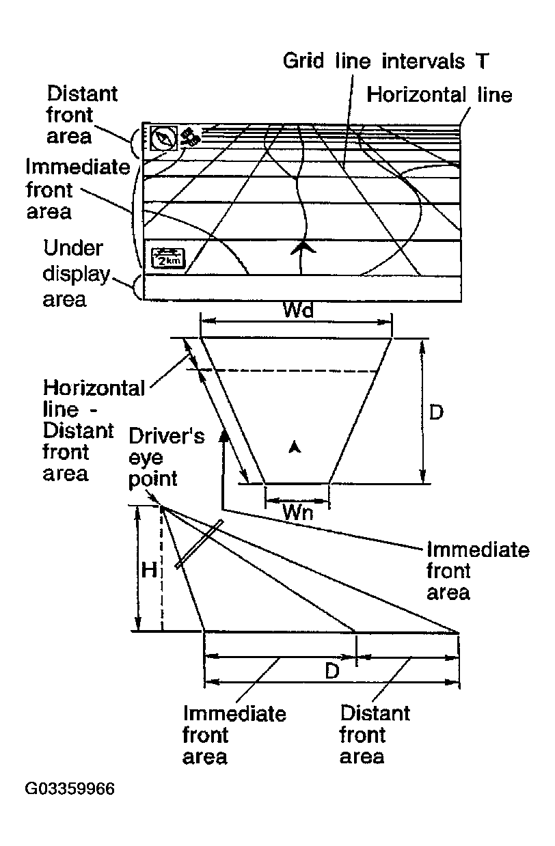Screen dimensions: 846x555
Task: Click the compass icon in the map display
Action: pyautogui.click(x=164, y=138)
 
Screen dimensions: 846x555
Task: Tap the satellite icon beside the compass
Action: pyautogui.click(x=191, y=137)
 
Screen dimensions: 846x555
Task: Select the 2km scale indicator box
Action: pyautogui.click(x=167, y=258)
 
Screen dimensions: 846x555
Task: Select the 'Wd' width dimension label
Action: pyautogui.click(x=298, y=311)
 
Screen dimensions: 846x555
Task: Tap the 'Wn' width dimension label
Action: pyautogui.click(x=297, y=513)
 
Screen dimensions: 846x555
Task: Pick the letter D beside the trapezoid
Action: pyautogui.click(x=436, y=412)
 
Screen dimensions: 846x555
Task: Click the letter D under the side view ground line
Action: pyautogui.click(x=332, y=671)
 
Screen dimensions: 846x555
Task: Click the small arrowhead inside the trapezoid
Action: pyautogui.click(x=295, y=446)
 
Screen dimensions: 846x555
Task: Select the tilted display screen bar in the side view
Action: pyautogui.click(x=199, y=544)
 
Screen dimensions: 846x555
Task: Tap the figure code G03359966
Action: pyautogui.click(x=70, y=789)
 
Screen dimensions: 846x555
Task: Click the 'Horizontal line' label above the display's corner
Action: pyautogui.click(x=439, y=94)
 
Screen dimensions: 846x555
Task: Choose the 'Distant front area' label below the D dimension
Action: pyautogui.click(x=374, y=735)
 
